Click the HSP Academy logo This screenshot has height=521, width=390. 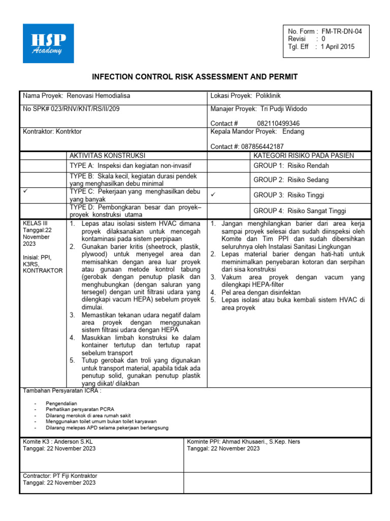(48, 43)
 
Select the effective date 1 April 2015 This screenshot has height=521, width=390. (338, 47)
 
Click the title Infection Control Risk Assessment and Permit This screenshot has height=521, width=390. (194, 77)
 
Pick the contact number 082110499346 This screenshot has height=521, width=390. (278, 124)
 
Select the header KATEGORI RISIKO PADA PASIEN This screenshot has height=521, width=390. (304, 155)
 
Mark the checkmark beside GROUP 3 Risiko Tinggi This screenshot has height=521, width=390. (213, 194)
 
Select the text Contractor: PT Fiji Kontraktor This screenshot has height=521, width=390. (60, 476)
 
